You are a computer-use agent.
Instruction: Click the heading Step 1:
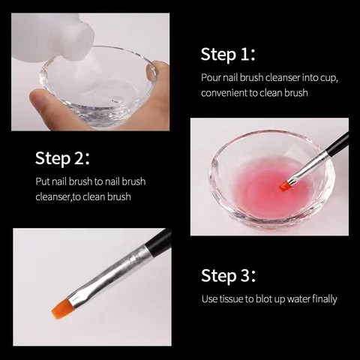228,55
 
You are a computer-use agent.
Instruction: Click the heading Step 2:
62,158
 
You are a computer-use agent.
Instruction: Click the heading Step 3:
229,276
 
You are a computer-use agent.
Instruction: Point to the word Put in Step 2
43,181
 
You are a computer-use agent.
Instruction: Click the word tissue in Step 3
231,299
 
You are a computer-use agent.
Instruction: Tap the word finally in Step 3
325,299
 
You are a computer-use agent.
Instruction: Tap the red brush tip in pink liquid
284,186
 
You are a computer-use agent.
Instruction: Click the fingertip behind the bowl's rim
157,70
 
